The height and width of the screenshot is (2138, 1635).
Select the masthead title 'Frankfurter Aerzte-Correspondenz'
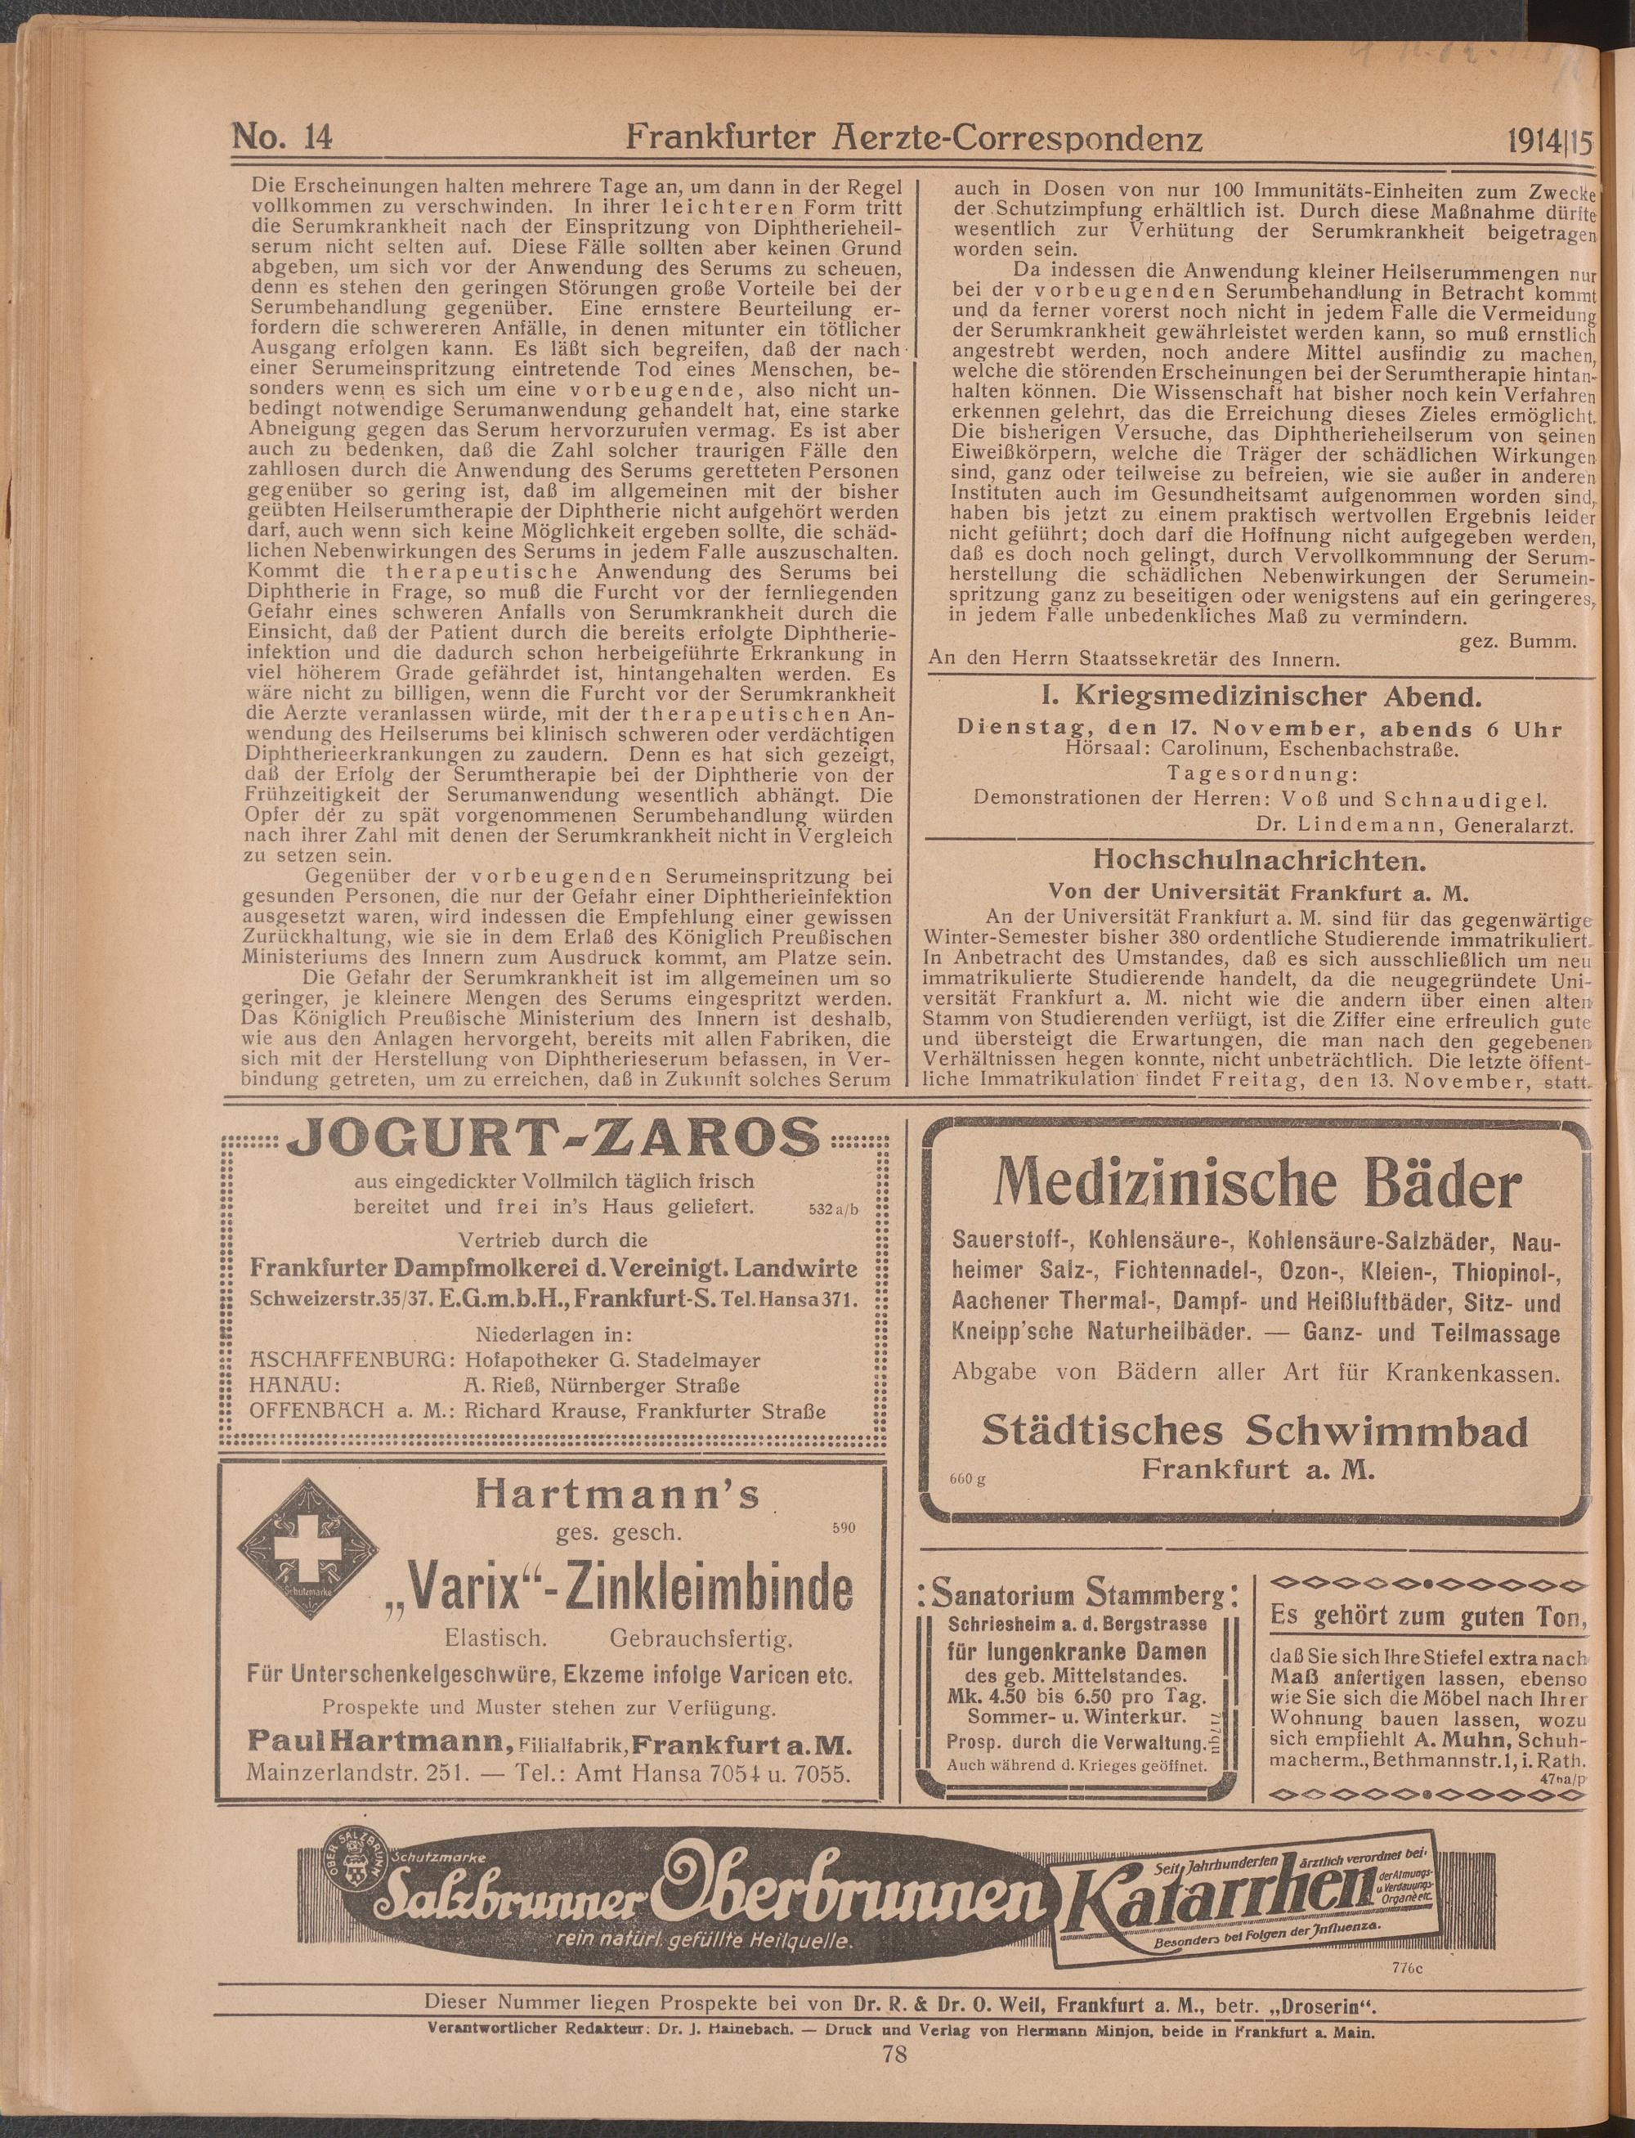click(914, 139)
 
